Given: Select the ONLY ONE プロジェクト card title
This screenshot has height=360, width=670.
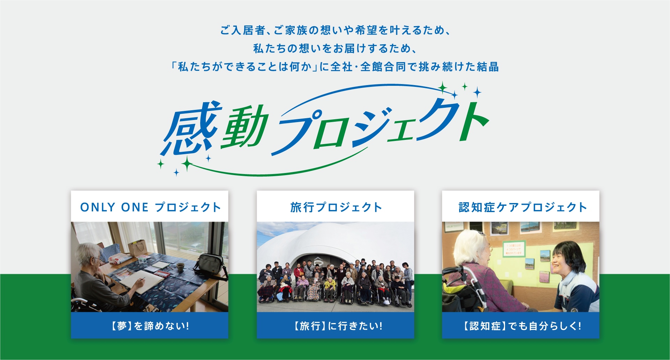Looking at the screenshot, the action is point(150,207).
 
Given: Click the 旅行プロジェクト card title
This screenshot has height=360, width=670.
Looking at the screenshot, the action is point(336,207).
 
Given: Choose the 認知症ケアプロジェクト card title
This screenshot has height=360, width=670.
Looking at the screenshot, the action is point(522,207).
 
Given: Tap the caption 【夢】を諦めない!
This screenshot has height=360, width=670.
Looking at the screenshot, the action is point(150,326).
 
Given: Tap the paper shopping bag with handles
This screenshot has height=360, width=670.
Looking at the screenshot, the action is point(138,248).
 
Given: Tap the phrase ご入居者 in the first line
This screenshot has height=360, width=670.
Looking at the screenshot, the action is point(243,30).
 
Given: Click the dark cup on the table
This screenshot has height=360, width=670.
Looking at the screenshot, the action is point(180,267).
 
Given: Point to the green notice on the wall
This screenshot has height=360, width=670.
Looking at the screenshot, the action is point(514,249).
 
